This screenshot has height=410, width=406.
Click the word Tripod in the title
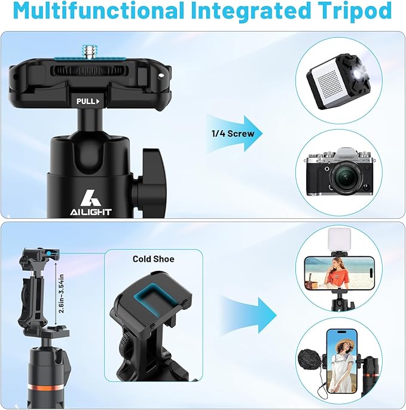(x=348, y=11)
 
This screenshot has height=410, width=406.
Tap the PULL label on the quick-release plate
(x=87, y=101)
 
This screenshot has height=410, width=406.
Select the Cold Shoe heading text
(x=154, y=259)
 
